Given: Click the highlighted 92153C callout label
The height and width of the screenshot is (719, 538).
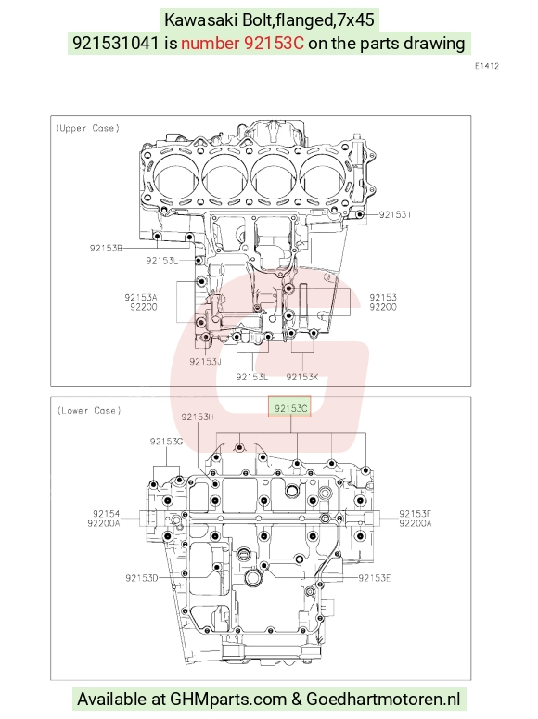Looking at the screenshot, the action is tap(290, 407).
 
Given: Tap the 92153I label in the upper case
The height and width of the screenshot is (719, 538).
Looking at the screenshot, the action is tap(395, 214).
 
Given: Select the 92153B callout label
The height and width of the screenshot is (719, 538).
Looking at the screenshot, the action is tap(106, 248).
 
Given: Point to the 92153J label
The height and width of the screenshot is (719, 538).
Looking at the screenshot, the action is tap(206, 361).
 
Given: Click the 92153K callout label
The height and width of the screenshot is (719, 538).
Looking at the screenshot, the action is tap(302, 377).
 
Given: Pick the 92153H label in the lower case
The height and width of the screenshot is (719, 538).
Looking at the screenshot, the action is tap(198, 417).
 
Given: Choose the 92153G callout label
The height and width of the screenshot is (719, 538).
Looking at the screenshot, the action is tap(166, 441).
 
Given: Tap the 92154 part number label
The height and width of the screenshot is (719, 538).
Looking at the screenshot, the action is tap(106, 514).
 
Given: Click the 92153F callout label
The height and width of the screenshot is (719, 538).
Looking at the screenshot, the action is tap(415, 514).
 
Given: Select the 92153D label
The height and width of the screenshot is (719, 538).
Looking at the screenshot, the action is tap(142, 578).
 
